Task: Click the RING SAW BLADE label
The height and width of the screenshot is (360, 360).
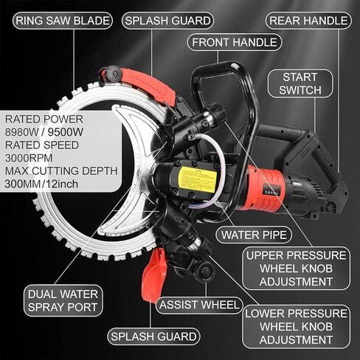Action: tap(63, 21)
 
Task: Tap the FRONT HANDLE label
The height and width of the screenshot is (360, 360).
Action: tap(235, 42)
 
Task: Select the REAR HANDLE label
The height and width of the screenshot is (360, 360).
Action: tap(308, 21)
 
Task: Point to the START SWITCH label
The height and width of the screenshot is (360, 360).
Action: tap(300, 83)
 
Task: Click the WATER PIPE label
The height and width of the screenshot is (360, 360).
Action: tap(254, 235)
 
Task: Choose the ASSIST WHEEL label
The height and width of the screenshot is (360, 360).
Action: tap(199, 305)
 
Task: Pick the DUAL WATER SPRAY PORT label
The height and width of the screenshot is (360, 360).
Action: tap(63, 300)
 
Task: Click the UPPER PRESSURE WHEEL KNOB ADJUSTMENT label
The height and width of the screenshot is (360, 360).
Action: tap(296, 269)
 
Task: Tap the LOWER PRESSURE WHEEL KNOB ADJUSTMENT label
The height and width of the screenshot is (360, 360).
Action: tap(296, 327)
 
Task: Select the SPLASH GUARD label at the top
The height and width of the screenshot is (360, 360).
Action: tap(167, 21)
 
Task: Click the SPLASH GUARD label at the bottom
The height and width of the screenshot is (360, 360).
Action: tap(153, 336)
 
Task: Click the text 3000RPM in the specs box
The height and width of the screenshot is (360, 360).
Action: tap(29, 158)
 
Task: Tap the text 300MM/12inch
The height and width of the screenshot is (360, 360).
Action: tap(41, 184)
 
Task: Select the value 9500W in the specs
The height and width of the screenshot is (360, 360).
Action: tap(66, 132)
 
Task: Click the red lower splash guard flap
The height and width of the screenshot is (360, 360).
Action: tap(153, 275)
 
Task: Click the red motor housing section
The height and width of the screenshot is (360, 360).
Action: tap(264, 189)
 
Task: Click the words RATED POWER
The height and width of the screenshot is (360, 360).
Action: tap(44, 120)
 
